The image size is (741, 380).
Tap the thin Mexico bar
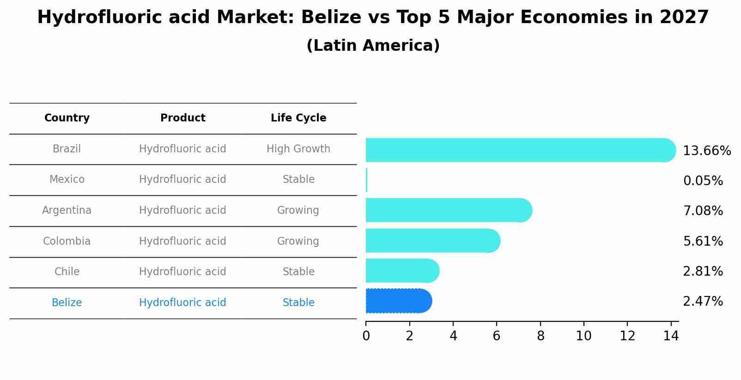click(x=366, y=180)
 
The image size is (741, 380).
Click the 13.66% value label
click(x=706, y=151)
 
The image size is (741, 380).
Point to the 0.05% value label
click(x=703, y=181)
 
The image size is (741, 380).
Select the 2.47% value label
click(x=703, y=302)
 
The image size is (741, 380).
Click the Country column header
click(x=67, y=118)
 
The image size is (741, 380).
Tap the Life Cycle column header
click(x=298, y=118)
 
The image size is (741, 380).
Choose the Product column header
click(x=182, y=118)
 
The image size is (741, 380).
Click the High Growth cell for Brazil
click(x=298, y=149)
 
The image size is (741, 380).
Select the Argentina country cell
click(x=67, y=211)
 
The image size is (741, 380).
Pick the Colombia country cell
click(x=67, y=241)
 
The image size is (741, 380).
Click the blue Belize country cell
click(x=67, y=303)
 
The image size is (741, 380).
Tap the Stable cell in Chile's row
click(x=298, y=272)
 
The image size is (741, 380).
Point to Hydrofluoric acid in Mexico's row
click(x=182, y=180)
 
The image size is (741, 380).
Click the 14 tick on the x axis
click(x=671, y=336)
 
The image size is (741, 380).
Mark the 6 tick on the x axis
click(x=497, y=336)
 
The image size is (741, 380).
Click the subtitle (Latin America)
click(x=373, y=46)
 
